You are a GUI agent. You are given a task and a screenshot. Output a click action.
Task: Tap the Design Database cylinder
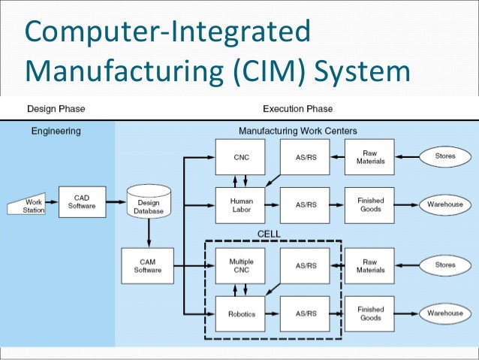point(149,204)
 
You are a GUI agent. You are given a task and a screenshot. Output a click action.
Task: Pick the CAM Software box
point(149,266)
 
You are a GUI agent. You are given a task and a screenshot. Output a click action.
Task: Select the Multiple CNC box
point(242,266)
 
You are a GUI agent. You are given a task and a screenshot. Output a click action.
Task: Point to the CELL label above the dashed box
point(269,234)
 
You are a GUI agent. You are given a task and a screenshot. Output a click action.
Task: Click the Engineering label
point(56,131)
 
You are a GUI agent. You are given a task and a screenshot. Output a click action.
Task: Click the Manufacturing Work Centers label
point(298,131)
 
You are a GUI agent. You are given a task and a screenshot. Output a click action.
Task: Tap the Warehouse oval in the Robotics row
point(446,313)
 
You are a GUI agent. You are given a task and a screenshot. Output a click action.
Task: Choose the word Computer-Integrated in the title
point(167,32)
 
